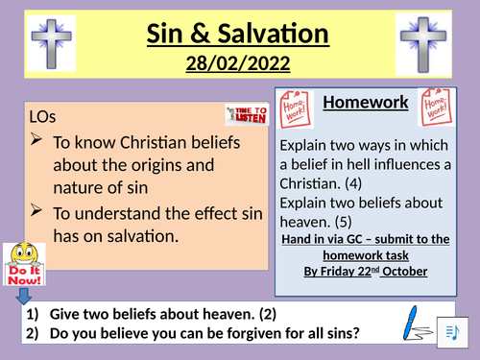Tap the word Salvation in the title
(277, 35)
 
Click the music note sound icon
(454, 330)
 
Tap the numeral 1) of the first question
(30, 313)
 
